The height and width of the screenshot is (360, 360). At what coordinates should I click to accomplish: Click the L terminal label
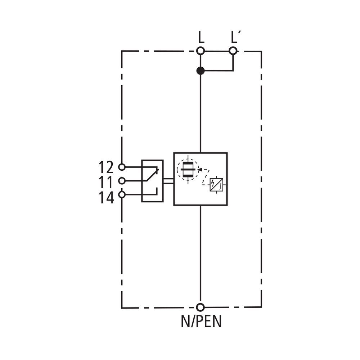201,37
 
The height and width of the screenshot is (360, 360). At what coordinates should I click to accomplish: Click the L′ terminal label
234,37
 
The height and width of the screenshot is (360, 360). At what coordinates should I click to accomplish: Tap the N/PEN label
201,321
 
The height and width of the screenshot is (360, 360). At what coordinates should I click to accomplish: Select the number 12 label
106,167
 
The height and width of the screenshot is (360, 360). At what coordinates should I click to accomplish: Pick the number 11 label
106,182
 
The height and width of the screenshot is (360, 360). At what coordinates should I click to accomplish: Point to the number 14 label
106,198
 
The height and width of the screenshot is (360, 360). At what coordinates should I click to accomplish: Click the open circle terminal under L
201,51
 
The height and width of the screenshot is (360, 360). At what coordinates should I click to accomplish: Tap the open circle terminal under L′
233,51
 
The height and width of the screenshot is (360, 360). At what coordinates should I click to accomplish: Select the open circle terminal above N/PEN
201,307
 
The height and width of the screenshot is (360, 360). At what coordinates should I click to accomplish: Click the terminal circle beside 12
122,167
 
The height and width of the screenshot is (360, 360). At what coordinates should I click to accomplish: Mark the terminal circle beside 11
122,181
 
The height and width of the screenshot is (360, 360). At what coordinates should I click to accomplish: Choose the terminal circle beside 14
122,195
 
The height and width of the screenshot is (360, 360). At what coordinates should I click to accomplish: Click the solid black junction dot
201,71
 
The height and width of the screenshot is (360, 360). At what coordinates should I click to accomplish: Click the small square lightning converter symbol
216,185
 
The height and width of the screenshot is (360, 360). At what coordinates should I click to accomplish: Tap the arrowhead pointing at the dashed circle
200,170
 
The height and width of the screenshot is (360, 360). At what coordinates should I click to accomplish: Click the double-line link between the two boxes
168,181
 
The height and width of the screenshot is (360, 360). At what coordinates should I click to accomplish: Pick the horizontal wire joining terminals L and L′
217,51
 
